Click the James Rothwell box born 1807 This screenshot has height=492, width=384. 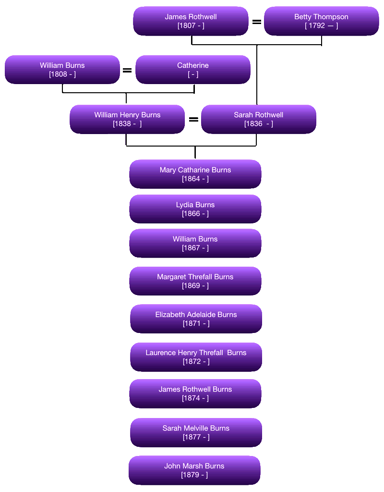point(191,21)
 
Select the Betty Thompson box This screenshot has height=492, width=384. point(321,21)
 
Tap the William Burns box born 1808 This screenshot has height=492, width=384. point(62,70)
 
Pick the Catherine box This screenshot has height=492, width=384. point(192,70)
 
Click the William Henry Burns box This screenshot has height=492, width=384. point(127,119)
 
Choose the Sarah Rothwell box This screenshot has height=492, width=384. point(258,119)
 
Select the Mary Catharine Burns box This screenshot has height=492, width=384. point(195,174)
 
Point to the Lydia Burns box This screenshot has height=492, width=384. point(195,209)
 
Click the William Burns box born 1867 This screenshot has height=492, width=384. point(195,243)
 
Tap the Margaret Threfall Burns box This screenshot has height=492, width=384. point(195,281)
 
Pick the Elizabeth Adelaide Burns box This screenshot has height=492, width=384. point(196,319)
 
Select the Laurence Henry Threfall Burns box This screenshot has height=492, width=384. point(196,357)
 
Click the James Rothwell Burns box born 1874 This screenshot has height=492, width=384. point(195,394)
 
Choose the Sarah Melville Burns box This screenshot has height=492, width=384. point(196,432)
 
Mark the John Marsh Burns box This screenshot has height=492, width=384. point(194,470)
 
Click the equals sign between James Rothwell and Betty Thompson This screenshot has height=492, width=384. point(256,21)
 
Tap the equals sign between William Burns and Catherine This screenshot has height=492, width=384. point(127,72)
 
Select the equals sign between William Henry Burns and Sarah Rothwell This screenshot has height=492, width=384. point(193,118)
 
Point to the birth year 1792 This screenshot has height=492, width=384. point(315,25)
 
